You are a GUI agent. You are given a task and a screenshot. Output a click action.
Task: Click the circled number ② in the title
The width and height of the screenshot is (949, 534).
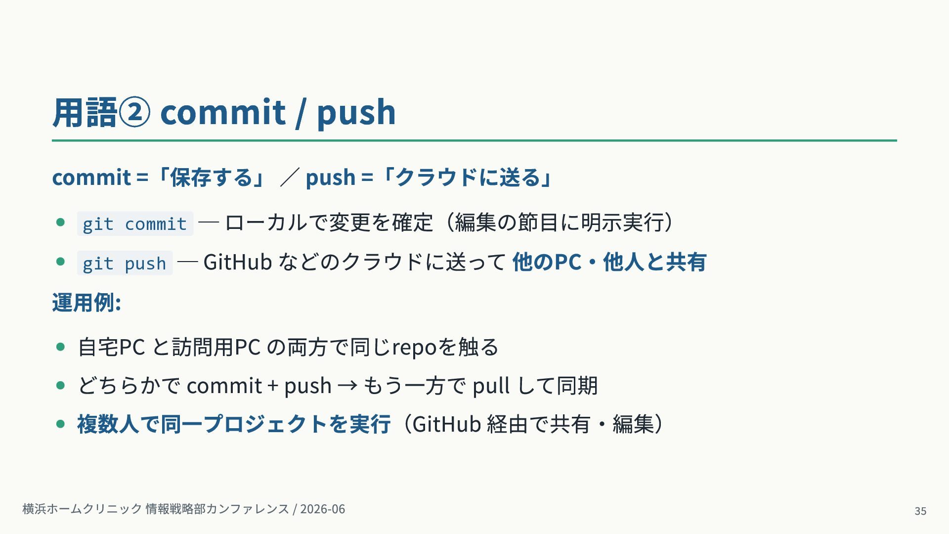[x=134, y=112]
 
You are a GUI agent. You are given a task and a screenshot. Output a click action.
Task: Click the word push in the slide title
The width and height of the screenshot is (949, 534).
[x=356, y=112]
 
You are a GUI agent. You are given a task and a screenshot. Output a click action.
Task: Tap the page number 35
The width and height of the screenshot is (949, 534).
[x=920, y=511]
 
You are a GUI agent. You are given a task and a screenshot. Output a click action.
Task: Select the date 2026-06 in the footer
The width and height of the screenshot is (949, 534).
[x=322, y=509]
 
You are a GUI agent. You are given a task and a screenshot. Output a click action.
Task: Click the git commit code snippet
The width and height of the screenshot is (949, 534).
[x=135, y=223]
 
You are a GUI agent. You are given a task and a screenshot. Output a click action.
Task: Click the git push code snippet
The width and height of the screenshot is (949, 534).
[x=125, y=263]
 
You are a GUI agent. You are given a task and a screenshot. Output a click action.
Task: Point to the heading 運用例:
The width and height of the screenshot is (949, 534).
[x=86, y=303]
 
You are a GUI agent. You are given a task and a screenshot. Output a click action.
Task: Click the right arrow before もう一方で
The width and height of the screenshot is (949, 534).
[x=347, y=385]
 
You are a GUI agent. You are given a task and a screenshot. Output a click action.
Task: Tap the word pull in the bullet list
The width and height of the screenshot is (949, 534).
[x=491, y=386]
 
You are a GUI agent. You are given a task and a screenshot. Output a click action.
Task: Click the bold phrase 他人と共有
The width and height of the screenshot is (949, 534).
[x=654, y=262]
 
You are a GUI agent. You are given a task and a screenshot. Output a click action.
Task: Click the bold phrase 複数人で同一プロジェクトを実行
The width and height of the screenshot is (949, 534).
[x=234, y=424]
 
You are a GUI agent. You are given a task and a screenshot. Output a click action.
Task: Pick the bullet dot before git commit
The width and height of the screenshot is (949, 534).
[x=61, y=222]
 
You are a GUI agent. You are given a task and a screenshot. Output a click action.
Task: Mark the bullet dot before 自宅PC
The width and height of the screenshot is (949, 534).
[x=61, y=347]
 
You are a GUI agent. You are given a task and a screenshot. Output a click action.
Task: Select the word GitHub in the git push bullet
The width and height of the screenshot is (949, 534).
[x=238, y=262]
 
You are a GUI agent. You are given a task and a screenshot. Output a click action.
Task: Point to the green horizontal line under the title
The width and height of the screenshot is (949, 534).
[x=474, y=140]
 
